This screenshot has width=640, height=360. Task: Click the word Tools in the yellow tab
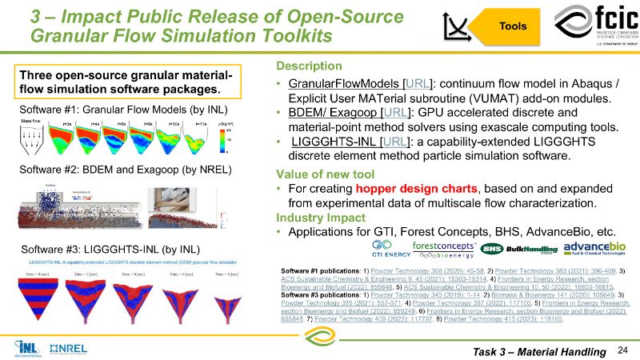coord(512,26)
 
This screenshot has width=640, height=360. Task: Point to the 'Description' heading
coord(308,66)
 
